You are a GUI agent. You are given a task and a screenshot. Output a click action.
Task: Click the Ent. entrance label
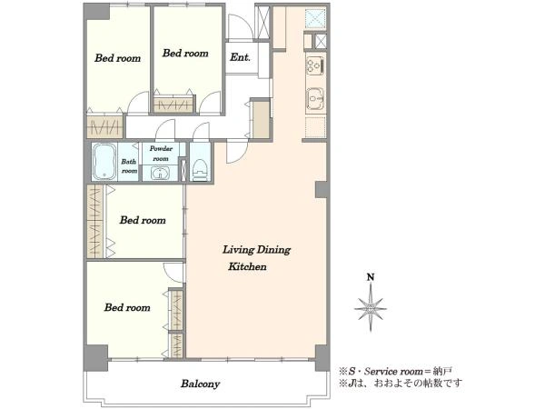240,57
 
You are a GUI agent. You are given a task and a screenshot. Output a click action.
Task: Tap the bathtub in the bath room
104,162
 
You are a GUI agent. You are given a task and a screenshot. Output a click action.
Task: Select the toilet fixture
200,170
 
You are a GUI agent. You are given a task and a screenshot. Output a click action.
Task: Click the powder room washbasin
160,174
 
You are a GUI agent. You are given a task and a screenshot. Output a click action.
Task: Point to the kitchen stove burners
315,65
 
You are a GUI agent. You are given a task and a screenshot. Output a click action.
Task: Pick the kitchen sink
315,98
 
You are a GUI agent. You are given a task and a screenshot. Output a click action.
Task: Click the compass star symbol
371,308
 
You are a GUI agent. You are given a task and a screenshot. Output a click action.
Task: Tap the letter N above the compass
371,277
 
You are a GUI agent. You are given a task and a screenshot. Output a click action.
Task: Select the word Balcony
200,384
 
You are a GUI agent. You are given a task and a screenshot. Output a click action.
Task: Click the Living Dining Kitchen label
256,258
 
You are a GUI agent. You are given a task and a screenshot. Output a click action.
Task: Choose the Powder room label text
161,154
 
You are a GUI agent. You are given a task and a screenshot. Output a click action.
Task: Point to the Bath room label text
129,166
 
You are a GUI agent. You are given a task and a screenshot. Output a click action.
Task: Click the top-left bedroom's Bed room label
118,58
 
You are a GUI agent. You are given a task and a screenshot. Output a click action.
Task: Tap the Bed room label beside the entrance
185,54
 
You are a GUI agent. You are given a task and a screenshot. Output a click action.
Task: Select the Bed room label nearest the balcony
127,307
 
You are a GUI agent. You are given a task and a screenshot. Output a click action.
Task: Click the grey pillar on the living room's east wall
322,190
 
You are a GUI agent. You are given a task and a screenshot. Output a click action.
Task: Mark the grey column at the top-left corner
96,11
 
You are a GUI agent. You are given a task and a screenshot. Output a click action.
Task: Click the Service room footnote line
395,371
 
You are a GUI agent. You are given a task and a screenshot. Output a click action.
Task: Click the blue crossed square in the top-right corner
315,18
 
